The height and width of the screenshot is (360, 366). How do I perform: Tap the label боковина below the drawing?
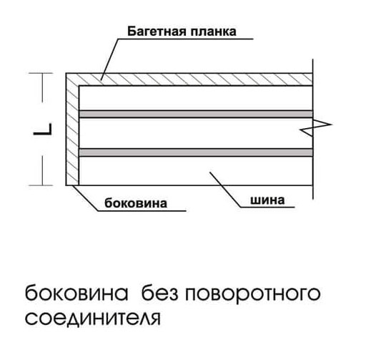[x=136, y=203]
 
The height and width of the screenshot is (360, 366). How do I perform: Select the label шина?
[x=267, y=200]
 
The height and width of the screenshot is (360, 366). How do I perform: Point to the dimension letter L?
[x=43, y=129]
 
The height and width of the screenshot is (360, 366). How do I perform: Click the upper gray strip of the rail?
[x=196, y=114]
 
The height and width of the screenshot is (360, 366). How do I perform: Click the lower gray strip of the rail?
[x=196, y=152]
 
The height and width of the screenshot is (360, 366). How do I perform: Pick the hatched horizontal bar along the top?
[x=189, y=79]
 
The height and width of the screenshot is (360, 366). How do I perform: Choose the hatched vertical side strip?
[x=72, y=135]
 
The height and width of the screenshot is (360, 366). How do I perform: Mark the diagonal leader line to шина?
[x=225, y=190]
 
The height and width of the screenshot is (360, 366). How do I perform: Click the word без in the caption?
[x=160, y=293]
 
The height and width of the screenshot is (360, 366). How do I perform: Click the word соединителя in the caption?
[x=93, y=318]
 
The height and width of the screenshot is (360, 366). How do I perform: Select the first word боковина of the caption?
[x=76, y=293]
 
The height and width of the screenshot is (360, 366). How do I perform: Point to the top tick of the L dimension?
[x=41, y=73]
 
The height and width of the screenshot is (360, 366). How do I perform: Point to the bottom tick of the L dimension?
[x=41, y=185]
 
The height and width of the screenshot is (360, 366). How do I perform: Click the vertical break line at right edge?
[x=313, y=129]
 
